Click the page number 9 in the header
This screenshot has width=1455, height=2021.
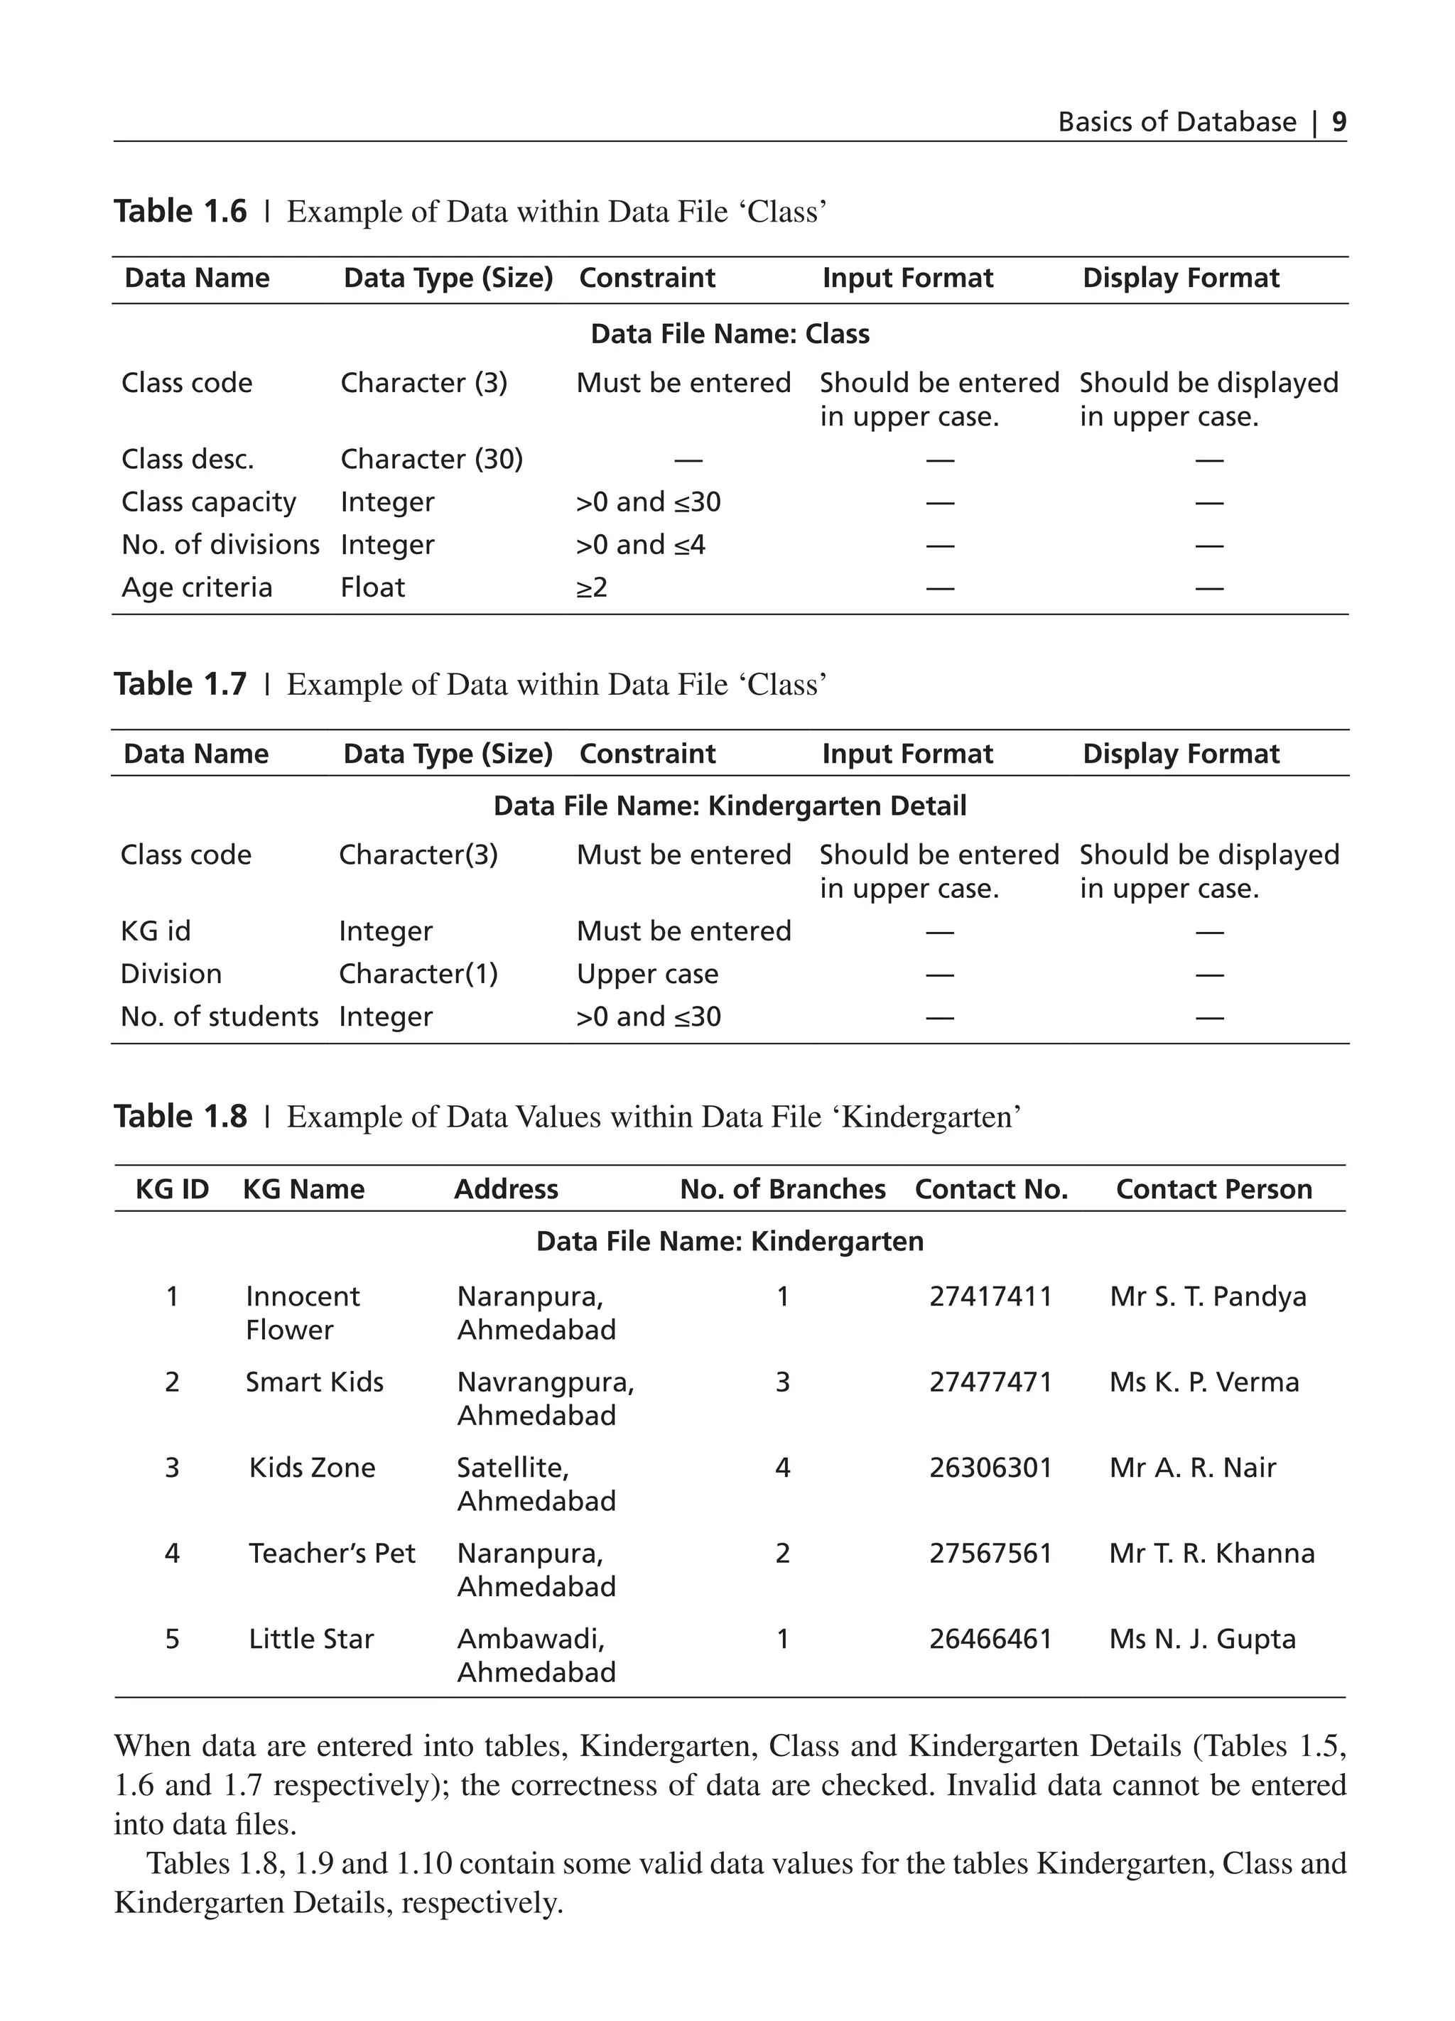pos(1338,121)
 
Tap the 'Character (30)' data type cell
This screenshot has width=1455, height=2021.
pos(431,459)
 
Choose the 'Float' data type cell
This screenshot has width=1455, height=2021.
pos(372,587)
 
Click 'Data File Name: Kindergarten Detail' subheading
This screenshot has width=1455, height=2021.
pos(729,806)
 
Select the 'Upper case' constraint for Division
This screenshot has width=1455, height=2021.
pos(647,973)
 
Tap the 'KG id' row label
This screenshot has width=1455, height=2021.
pos(155,931)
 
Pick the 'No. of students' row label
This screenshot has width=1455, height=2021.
pos(220,1016)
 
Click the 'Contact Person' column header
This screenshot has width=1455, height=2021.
pos(1213,1188)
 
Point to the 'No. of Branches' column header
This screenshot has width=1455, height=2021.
pos(782,1188)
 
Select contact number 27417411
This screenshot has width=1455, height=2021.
pos(991,1296)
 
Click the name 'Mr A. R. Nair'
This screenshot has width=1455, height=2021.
pos(1192,1467)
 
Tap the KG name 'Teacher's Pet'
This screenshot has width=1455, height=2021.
pos(332,1552)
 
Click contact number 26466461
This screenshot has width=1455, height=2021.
pos(991,1638)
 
